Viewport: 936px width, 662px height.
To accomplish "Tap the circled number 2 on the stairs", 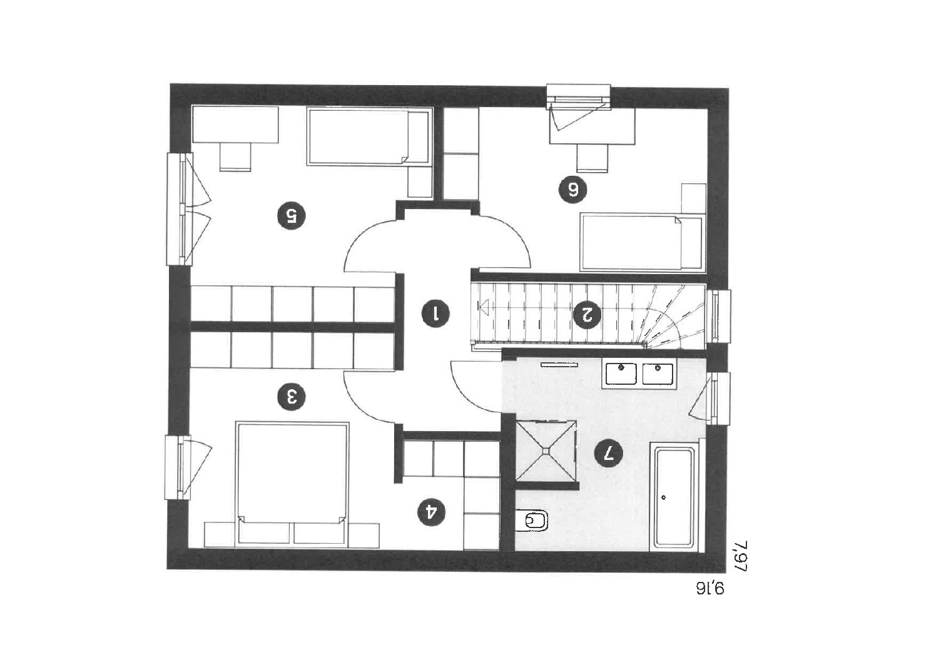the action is (587, 314).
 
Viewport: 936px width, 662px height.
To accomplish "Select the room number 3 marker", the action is (292, 396).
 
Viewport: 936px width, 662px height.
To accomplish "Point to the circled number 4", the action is (432, 512).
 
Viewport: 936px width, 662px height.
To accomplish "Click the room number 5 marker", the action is (292, 216).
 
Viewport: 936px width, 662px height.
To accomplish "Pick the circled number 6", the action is (572, 190).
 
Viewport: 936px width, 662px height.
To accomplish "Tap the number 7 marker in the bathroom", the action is (608, 452).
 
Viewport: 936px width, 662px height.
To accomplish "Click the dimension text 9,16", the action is (710, 589).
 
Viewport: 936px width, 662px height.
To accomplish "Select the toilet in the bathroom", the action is (532, 521).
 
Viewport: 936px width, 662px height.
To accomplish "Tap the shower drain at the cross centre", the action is (546, 450).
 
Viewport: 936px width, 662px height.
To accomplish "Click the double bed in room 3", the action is (292, 484).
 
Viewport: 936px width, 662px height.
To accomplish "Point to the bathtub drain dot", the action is (664, 497).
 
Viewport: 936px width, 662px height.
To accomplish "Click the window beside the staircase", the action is (718, 317).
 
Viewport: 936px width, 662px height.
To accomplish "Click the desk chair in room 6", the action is (592, 158).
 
